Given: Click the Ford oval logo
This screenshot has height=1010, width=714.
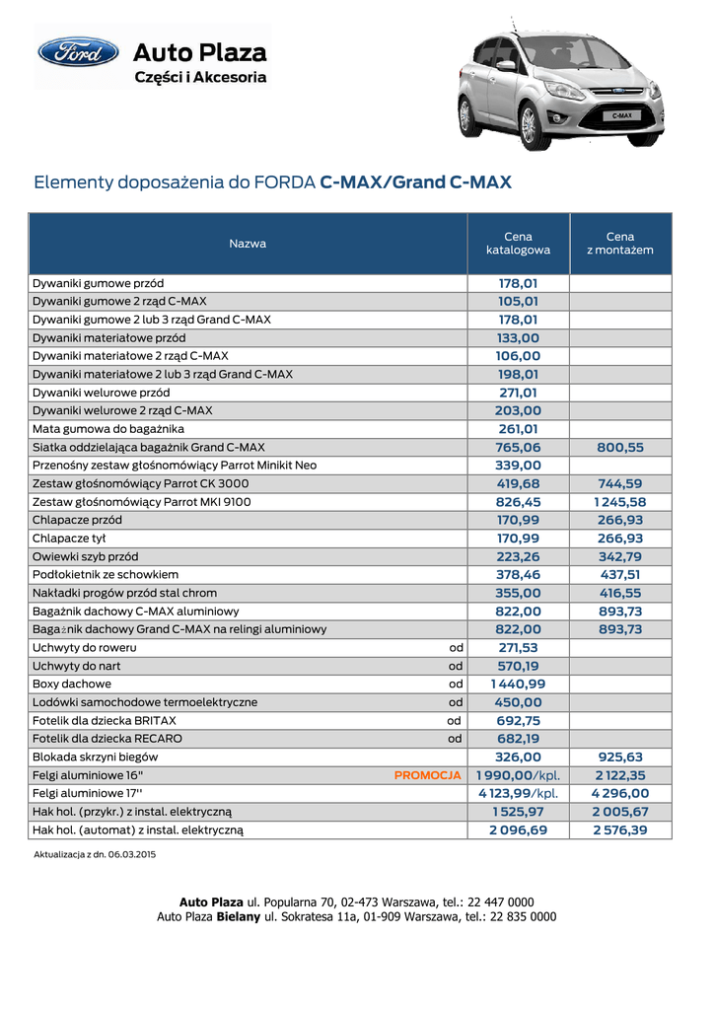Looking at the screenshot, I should coord(78,51).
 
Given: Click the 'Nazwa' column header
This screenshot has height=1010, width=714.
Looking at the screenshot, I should coord(248,243).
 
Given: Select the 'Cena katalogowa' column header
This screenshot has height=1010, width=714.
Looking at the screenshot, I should coord(518,243).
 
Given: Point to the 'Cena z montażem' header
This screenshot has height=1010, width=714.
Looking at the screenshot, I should coord(620,243).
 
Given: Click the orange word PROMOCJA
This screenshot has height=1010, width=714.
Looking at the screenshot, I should coord(428,775).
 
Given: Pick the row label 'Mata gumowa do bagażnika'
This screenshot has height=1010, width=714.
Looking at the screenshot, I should coord(108,429).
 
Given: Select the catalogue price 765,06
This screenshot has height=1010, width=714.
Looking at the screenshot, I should coord(518,447).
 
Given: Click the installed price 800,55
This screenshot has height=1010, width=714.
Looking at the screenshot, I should coord(620,447).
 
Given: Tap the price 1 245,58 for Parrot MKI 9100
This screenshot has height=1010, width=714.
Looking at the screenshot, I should coord(620,502).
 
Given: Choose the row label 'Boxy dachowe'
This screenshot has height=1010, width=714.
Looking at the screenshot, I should coord(72,684).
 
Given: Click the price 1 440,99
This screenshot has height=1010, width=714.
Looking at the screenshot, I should coord(518,684).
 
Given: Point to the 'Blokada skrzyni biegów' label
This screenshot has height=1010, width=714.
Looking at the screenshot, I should coord(96,757).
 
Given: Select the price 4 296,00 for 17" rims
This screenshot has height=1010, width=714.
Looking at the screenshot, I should coord(620,793).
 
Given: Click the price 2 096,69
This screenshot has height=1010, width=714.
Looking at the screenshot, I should coord(518,830).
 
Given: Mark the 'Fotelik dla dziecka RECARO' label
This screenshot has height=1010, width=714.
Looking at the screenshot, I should coord(107,738).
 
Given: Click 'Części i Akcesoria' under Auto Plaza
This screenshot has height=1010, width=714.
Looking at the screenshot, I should coord(200,77).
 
